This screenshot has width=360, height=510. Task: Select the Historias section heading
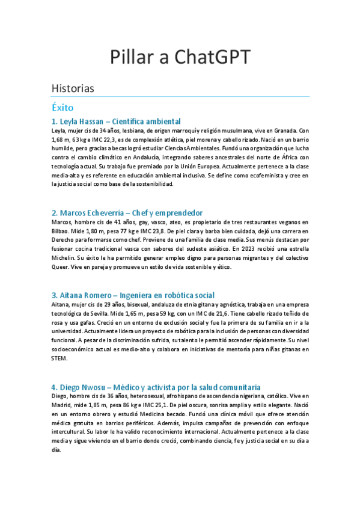73,88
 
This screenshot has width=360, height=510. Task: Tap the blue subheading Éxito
63,108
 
